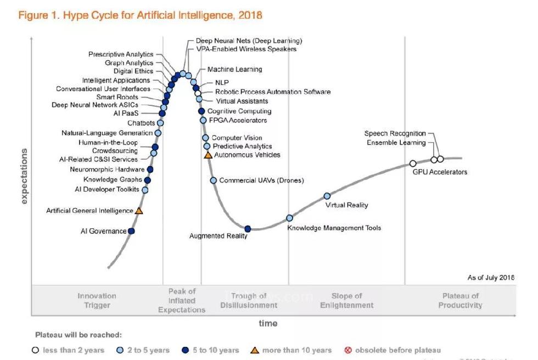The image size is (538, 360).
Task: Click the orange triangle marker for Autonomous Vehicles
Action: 208,155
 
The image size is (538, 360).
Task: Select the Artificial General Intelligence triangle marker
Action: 139,210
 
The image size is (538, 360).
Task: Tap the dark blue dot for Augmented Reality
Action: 248,229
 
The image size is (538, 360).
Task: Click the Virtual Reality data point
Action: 327,196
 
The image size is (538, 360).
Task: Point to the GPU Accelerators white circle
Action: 413,163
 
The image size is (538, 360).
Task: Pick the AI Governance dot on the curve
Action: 131,231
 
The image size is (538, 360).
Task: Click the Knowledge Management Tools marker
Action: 290,218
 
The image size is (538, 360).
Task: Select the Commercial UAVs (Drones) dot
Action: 214,180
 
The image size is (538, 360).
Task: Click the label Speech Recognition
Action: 395,133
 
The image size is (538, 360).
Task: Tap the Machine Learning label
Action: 234,70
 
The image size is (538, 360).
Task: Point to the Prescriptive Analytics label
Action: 121,54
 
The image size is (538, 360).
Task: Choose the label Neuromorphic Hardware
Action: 107,170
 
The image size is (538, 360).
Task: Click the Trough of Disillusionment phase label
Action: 249,301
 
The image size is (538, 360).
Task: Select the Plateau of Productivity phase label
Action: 460,301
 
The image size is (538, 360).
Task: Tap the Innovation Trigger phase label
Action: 97,301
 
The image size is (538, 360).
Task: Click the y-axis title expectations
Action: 24,176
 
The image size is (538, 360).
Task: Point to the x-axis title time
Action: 267,323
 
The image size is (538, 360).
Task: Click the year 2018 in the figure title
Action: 250,15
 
